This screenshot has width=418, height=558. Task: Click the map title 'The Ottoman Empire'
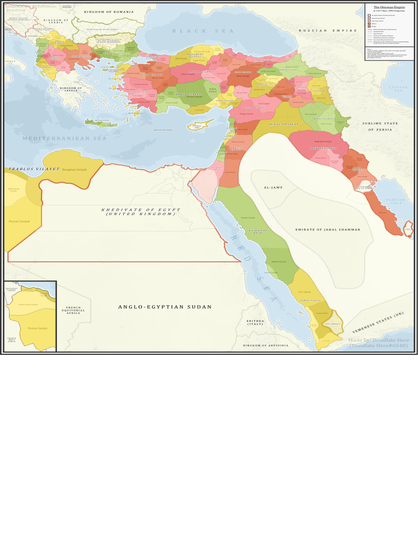click(x=389, y=7)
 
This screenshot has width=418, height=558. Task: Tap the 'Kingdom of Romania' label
click(x=108, y=11)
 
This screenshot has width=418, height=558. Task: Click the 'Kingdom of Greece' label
click(x=71, y=89)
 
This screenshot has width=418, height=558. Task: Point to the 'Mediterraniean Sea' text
click(x=65, y=139)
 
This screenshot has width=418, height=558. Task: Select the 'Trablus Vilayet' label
click(x=26, y=169)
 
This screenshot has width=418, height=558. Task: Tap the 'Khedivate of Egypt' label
click(x=140, y=211)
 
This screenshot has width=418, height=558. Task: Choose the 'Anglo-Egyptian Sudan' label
click(x=165, y=307)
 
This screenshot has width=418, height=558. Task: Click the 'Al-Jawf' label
click(x=274, y=187)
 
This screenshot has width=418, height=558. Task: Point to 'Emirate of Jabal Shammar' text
click(x=328, y=229)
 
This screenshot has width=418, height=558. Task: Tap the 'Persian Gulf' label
click(x=396, y=201)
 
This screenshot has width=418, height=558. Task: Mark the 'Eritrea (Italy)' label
click(x=255, y=323)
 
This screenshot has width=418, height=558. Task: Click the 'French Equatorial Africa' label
click(x=73, y=310)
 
